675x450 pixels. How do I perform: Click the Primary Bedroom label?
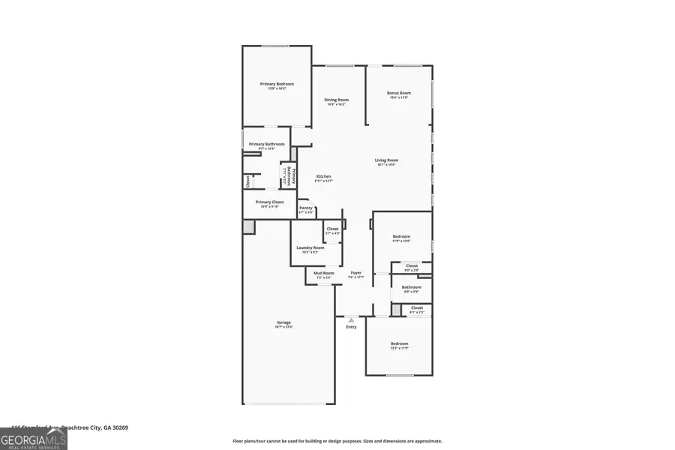tap(277, 84)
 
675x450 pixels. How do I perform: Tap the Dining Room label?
tap(336, 100)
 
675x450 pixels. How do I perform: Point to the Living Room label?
tap(387, 160)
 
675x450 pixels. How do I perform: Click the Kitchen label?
tap(323, 176)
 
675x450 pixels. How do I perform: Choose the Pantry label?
tap(305, 208)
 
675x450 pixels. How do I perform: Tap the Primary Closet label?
tap(269, 202)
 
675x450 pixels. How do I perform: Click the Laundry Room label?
tap(310, 247)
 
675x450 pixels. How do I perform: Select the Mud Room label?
tap(324, 273)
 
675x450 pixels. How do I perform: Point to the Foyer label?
tap(356, 273)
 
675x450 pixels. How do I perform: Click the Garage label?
tap(283, 322)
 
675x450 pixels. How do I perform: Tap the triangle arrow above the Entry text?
tap(350, 319)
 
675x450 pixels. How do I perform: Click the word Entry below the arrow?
tap(351, 327)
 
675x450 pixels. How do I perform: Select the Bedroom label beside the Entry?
tap(399, 344)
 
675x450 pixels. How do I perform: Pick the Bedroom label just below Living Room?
tap(401, 236)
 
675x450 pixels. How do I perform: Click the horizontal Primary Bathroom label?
tap(266, 144)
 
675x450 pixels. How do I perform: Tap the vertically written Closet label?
tap(248, 181)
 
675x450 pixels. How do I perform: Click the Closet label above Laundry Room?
tap(332, 229)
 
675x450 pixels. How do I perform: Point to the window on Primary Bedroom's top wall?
tap(275, 46)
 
